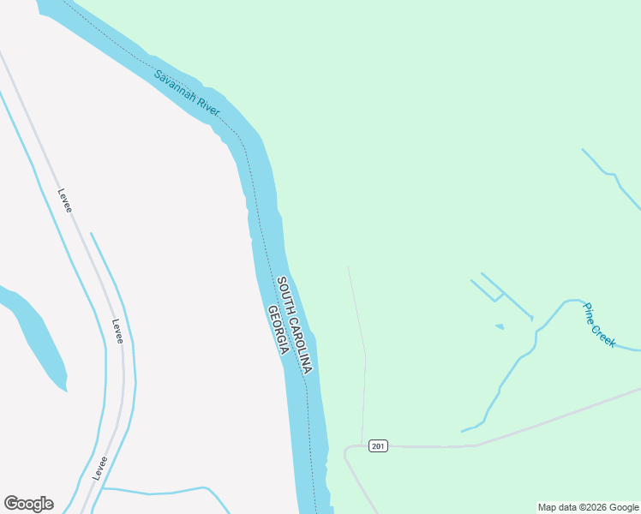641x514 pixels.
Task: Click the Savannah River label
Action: coord(187,93)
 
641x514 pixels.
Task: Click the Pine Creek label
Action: coord(599,325)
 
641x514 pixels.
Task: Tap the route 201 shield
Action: coord(379,446)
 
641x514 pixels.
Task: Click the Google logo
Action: coord(28,504)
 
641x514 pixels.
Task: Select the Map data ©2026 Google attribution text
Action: coord(589,507)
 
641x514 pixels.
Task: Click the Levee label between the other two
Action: coord(117,332)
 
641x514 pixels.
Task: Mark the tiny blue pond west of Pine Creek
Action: coord(500,326)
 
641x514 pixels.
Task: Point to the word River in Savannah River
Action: coord(207,106)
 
